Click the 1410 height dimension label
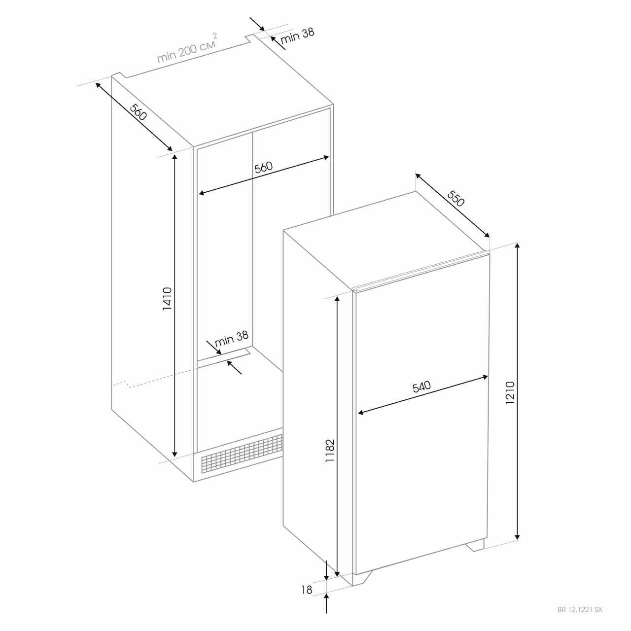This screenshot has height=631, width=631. [x=168, y=298]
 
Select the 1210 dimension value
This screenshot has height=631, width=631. [x=510, y=392]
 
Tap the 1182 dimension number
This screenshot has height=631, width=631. [x=330, y=451]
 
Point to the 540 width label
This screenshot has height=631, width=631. [x=421, y=386]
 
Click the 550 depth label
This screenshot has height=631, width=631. [x=456, y=199]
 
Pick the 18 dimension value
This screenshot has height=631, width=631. [x=307, y=590]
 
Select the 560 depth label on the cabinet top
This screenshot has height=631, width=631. [x=139, y=112]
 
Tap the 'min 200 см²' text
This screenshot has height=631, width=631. [x=187, y=48]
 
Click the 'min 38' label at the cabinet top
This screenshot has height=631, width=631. [x=297, y=35]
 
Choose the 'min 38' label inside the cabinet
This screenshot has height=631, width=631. [x=232, y=339]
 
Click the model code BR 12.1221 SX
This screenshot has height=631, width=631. [x=580, y=610]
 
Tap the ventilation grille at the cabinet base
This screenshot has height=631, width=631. [x=242, y=454]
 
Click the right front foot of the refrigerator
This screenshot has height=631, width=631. [x=474, y=545]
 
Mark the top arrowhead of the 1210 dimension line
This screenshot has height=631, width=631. [x=518, y=246]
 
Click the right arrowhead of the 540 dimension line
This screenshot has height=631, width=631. [x=485, y=377]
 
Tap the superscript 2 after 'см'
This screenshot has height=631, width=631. [x=215, y=35]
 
